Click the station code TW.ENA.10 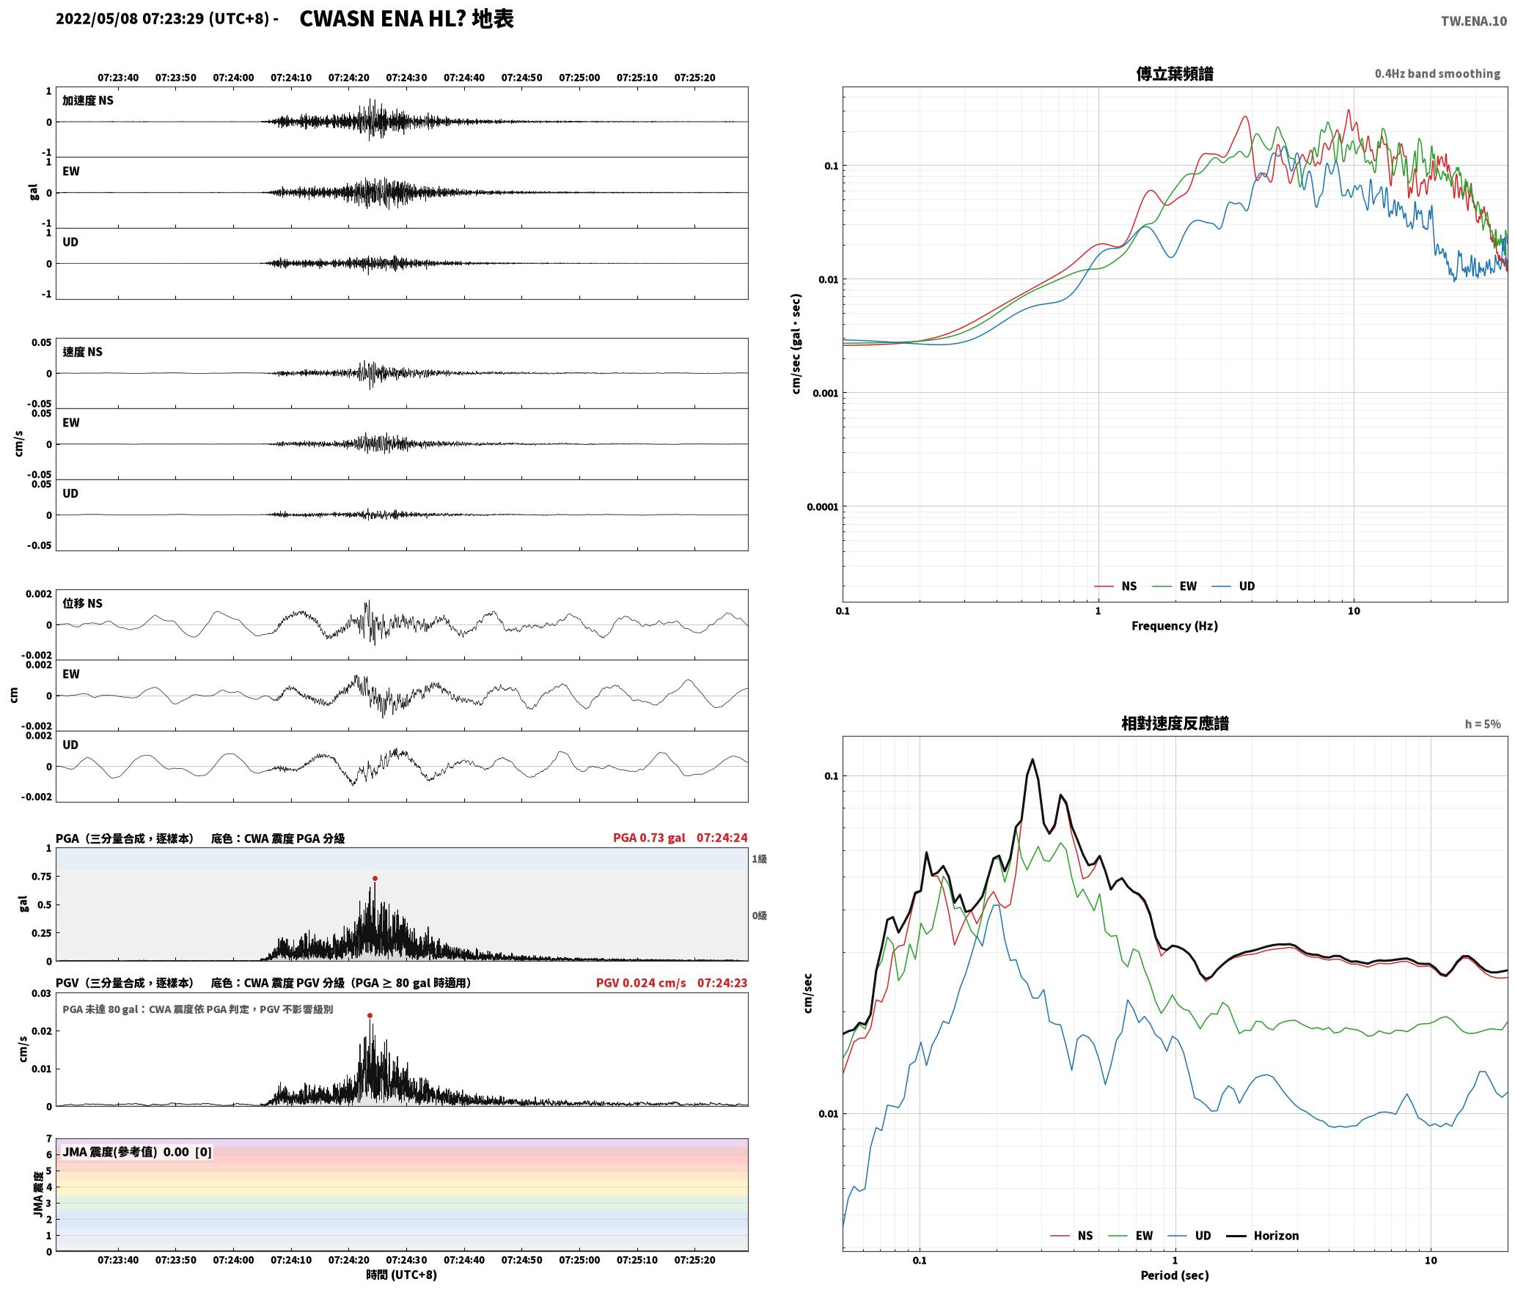tap(1474, 21)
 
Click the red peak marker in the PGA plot tap(375, 878)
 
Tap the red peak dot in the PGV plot tap(370, 1015)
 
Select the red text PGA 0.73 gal tap(649, 838)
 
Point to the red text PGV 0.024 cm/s tap(641, 983)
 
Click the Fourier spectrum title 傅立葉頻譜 tap(1174, 73)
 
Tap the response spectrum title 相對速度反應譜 tap(1174, 723)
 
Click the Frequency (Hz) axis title tap(1174, 626)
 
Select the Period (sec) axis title tap(1174, 1275)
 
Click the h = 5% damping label tap(1483, 724)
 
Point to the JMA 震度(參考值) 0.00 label tap(125, 1152)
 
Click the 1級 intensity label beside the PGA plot tap(759, 859)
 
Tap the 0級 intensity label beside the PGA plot tap(759, 915)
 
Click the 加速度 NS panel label tap(88, 100)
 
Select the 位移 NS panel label tap(82, 603)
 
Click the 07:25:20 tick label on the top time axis tap(694, 78)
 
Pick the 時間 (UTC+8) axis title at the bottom tap(401, 1275)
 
